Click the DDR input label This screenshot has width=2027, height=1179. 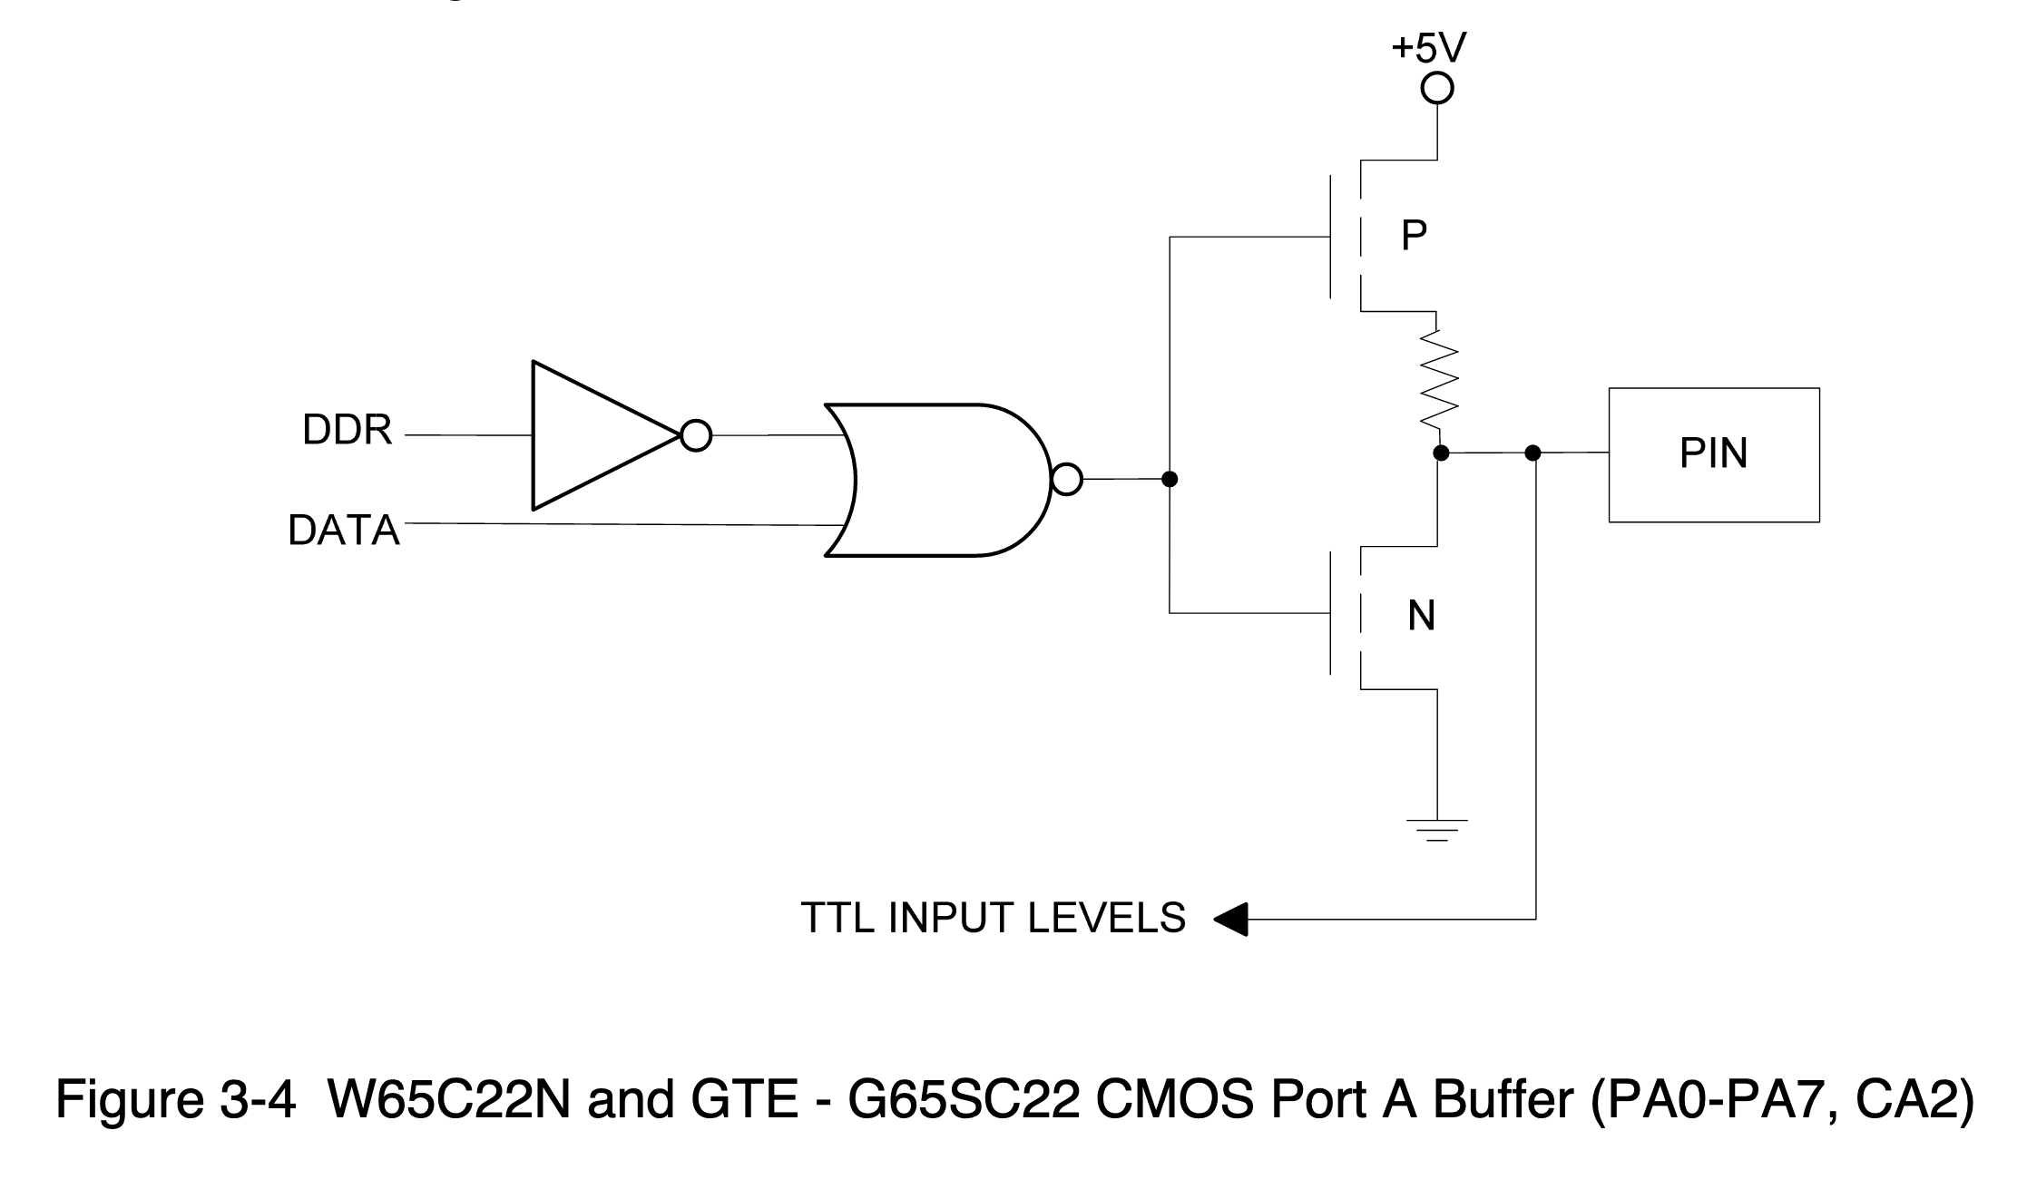[347, 431]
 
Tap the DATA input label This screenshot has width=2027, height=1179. [343, 531]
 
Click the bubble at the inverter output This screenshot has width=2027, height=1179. [696, 436]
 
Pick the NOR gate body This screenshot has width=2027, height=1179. [944, 479]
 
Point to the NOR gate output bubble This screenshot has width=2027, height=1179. [1067, 479]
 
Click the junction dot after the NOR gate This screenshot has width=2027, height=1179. [1170, 479]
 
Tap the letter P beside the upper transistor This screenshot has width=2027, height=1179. [1414, 236]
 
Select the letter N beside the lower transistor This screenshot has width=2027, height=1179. [1421, 617]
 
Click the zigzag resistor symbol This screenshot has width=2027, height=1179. [1438, 379]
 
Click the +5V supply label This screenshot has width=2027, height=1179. [1428, 48]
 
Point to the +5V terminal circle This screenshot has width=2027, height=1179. [1437, 89]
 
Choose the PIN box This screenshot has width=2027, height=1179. [1713, 454]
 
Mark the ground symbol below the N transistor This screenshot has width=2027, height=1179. [1437, 829]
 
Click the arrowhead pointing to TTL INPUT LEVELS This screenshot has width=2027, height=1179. [1230, 919]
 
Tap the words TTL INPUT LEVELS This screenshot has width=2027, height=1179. [993, 918]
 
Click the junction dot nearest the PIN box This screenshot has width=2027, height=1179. [1532, 453]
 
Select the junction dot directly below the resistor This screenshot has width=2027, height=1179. [1440, 453]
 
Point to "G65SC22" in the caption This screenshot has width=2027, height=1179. [964, 1100]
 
